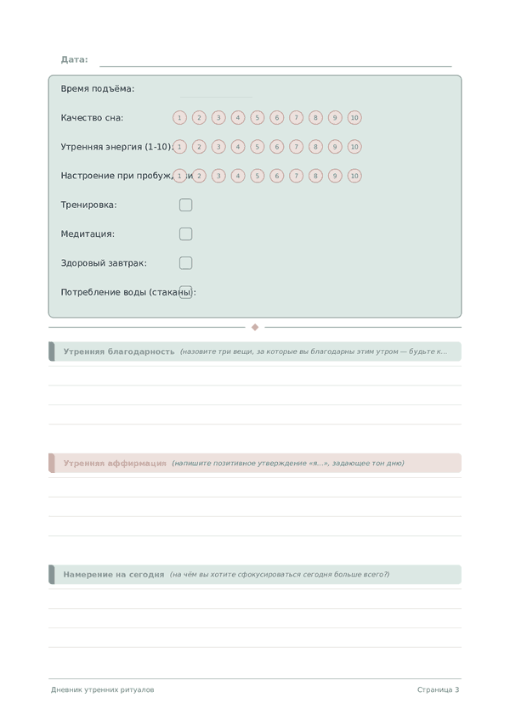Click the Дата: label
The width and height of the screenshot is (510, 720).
coord(74,59)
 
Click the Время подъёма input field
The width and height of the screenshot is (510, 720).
coord(216,89)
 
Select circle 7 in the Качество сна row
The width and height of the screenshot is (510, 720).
coord(296,118)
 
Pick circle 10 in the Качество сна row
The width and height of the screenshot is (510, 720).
coord(354,118)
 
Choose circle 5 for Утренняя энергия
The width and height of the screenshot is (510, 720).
coord(258,147)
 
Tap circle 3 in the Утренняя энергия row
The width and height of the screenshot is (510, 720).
coord(218,147)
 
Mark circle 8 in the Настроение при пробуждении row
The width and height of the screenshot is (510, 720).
coord(315,176)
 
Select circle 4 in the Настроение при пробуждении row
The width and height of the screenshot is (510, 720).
coord(238,176)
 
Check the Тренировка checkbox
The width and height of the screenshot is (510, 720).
coord(185,205)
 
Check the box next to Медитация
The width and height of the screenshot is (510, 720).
coord(185,233)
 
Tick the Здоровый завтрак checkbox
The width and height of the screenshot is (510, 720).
coord(185,263)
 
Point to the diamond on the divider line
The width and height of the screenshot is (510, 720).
coord(255,327)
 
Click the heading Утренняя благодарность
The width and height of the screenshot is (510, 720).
coord(119,352)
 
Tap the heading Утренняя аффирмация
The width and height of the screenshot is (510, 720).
coord(115,464)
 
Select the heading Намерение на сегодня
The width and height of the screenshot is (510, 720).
coord(114,575)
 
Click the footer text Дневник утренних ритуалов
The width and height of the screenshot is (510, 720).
coord(103,689)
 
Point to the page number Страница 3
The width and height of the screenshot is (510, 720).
coord(438,689)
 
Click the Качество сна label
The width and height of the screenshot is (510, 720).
coord(92,118)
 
